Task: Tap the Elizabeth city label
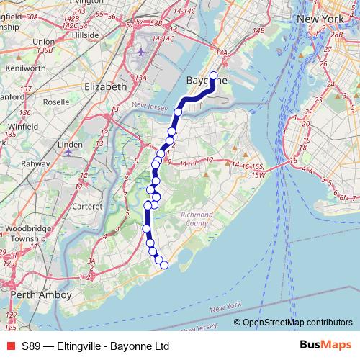[x=106, y=86]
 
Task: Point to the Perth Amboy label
[x=42, y=295]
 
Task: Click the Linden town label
[x=71, y=145]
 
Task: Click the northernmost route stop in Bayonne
[x=213, y=65]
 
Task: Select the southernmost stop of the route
[x=163, y=265]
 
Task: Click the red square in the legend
[x=10, y=345]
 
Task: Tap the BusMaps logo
[x=325, y=345]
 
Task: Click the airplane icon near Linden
[x=68, y=153]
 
